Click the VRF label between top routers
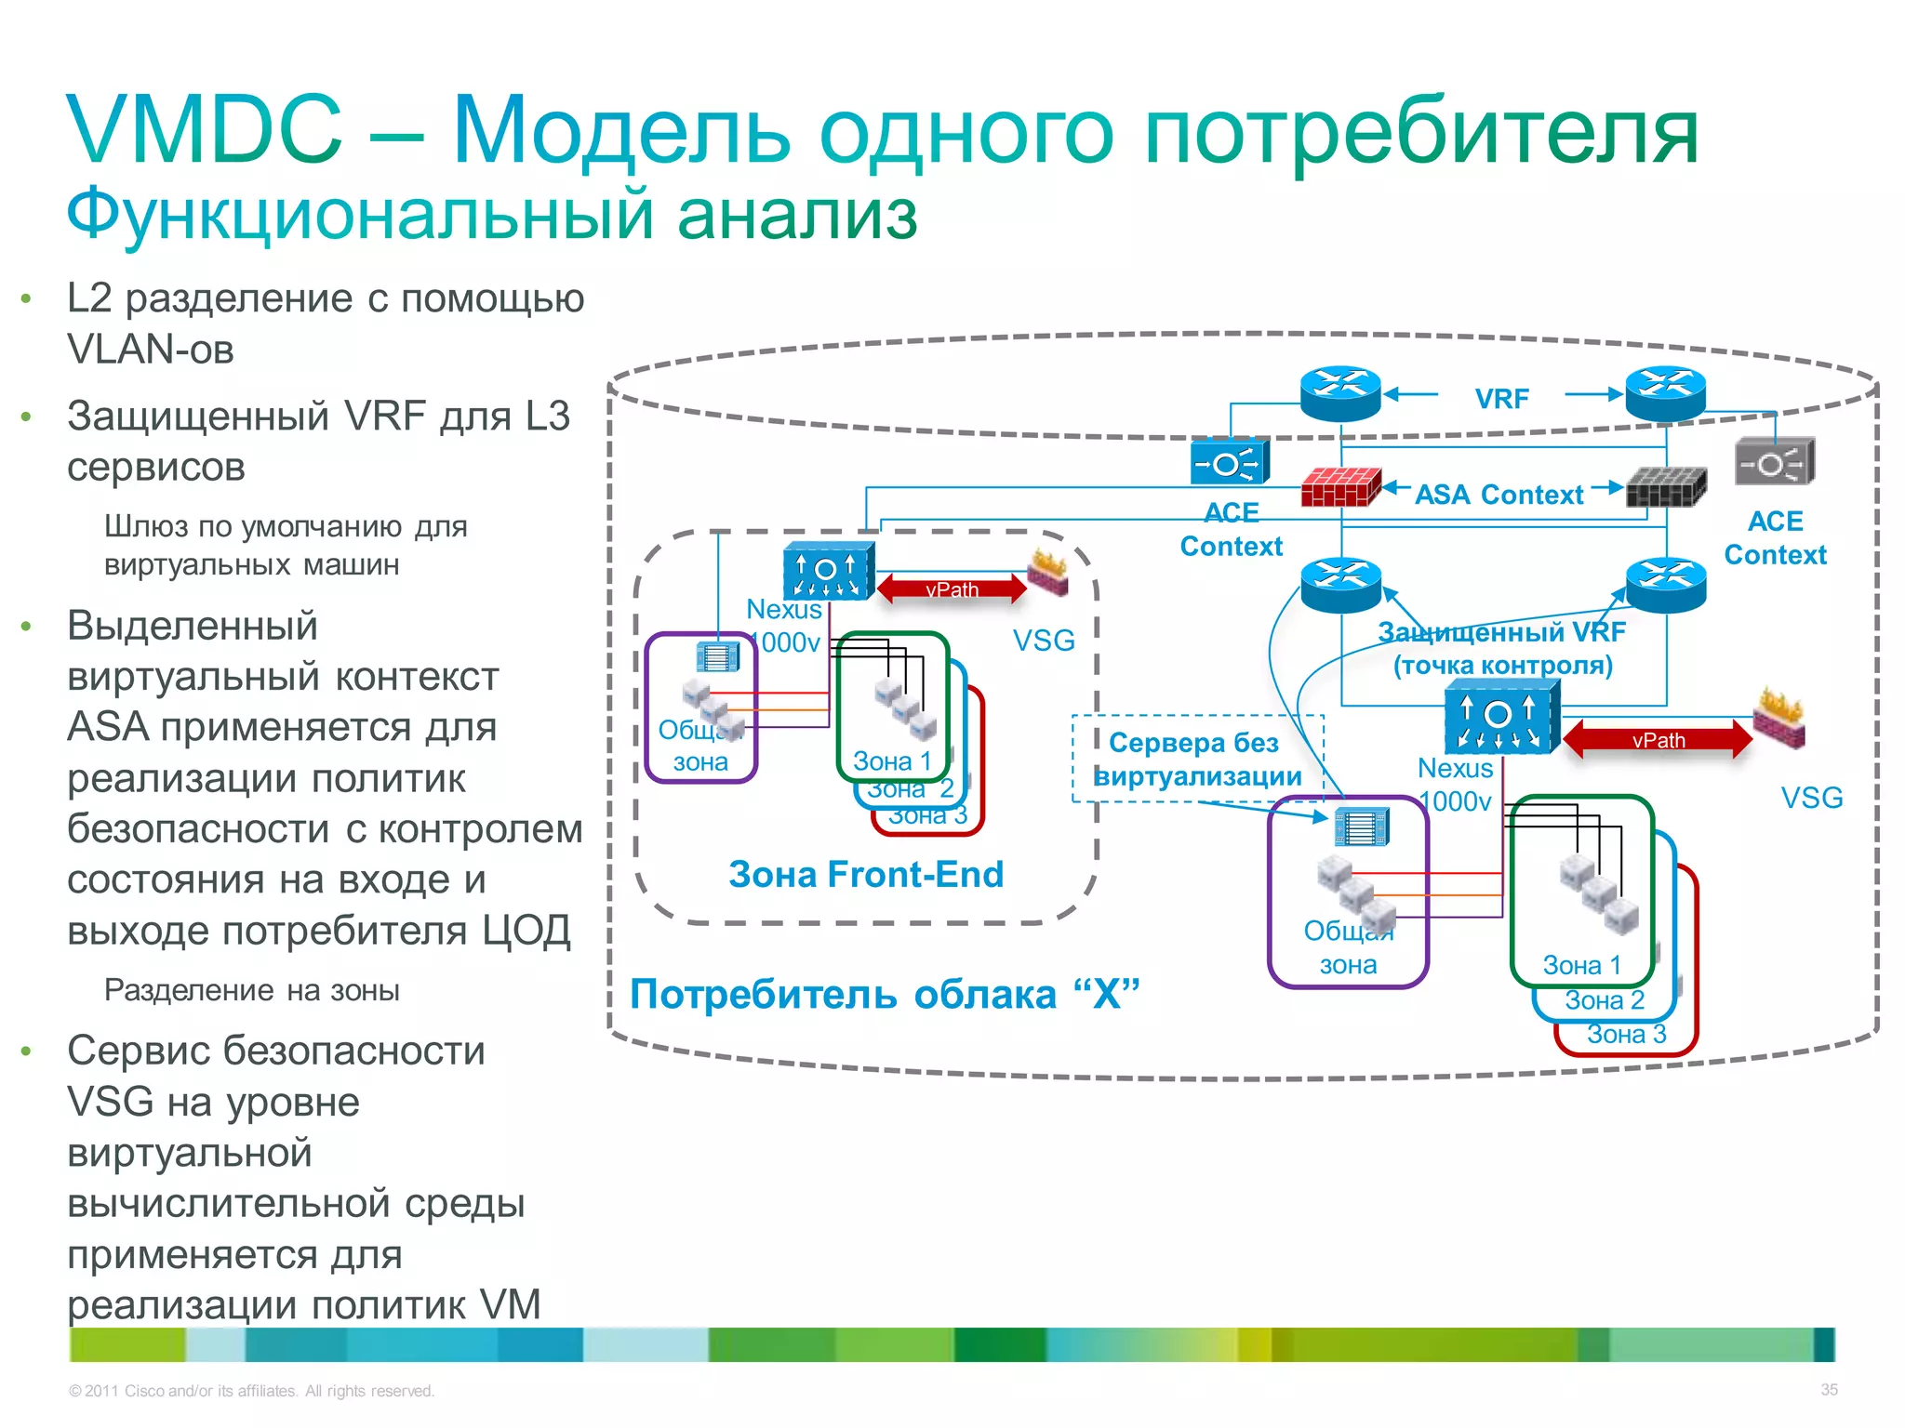coord(1501,399)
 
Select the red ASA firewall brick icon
coord(1339,486)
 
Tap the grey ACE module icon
coord(1774,462)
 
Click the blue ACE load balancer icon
coord(1230,462)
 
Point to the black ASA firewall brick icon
coord(1665,486)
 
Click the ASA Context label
coord(1499,495)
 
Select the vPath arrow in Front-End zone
coord(952,588)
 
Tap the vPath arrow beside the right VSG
coord(1658,740)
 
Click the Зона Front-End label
coord(866,875)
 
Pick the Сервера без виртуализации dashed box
coord(1197,760)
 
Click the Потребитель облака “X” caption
coord(884,995)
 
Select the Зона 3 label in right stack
coord(1626,1035)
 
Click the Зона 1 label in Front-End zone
coord(892,761)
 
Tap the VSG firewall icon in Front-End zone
coord(1048,572)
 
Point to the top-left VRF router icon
coord(1339,393)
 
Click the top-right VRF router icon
coord(1665,393)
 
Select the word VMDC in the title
coord(205,130)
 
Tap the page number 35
coord(1829,1390)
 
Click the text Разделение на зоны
coord(251,991)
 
